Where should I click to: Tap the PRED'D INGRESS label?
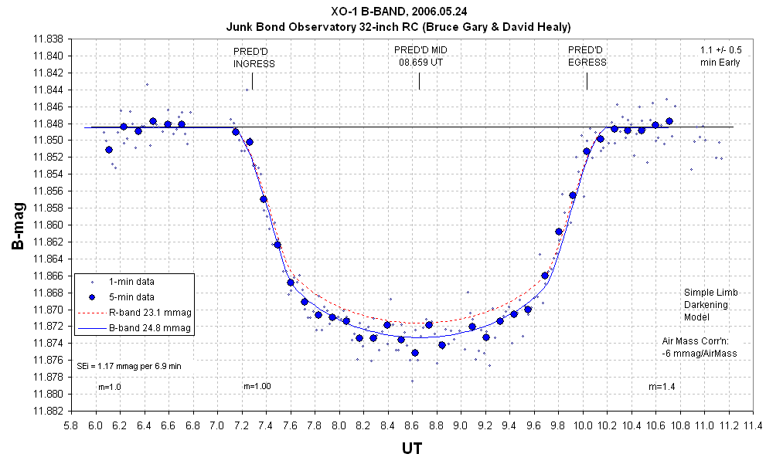pos(254,57)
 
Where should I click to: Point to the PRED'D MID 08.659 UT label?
pos(420,56)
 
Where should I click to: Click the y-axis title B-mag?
pos(17,225)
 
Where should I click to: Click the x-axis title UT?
pos(412,447)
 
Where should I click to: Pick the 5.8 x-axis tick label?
pos(71,425)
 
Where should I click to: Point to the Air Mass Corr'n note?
pos(700,347)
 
